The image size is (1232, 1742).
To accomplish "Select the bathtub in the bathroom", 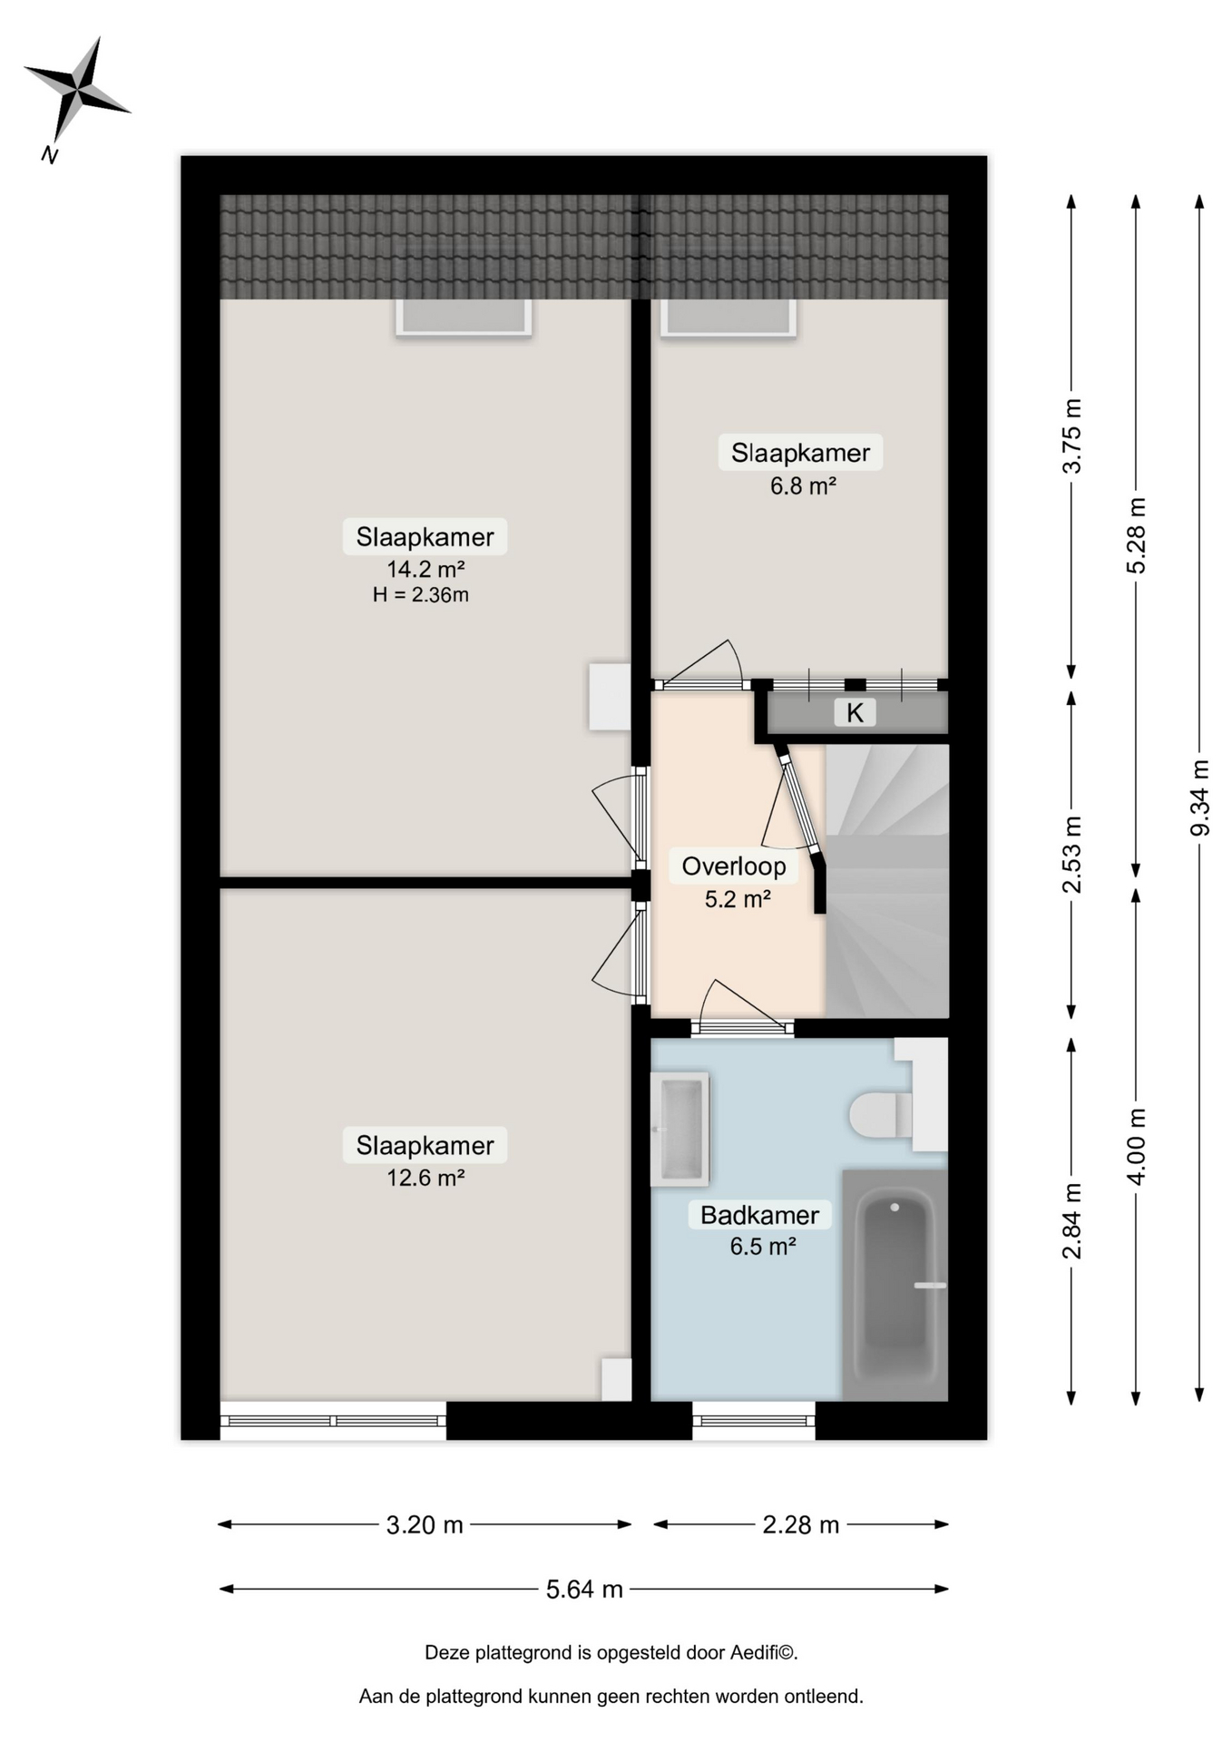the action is [x=896, y=1285].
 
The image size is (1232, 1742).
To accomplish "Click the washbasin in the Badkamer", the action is [x=680, y=1129].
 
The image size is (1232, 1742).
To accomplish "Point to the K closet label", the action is [x=855, y=712].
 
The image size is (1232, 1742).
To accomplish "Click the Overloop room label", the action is [x=734, y=866].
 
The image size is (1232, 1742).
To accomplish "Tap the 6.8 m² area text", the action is [x=803, y=485].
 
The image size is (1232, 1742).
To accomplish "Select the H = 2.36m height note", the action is [x=421, y=595].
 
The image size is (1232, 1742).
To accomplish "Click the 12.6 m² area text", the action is [x=425, y=1178].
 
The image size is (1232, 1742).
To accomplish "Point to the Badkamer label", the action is [x=759, y=1215].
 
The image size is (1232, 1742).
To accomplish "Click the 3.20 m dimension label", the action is [x=425, y=1524].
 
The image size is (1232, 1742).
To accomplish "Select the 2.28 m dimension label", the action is [x=800, y=1524].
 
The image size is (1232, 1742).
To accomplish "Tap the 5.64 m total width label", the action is [x=584, y=1589].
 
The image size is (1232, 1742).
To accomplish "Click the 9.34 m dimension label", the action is [x=1199, y=798].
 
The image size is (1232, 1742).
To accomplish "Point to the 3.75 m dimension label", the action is [x=1071, y=435].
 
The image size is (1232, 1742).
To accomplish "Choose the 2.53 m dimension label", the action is [x=1071, y=855].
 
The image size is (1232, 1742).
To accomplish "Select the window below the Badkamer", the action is [x=754, y=1420].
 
